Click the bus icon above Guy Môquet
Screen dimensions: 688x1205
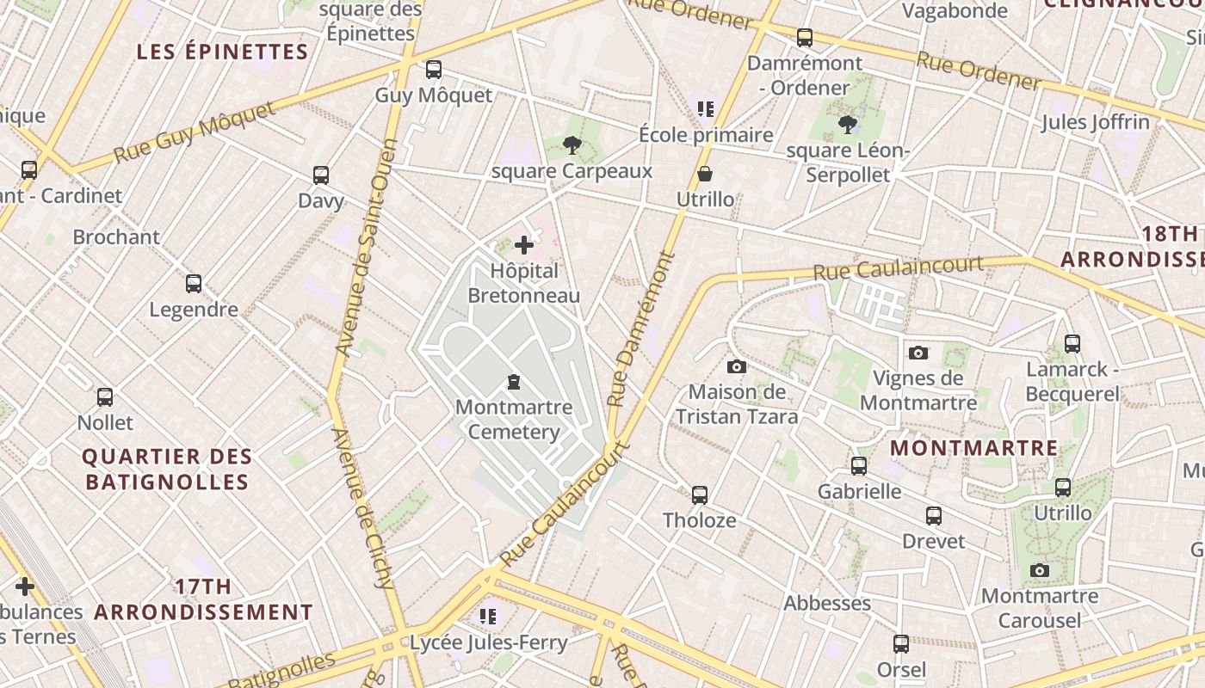434,70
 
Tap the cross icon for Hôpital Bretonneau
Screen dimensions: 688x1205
524,246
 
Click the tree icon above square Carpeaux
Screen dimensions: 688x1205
572,145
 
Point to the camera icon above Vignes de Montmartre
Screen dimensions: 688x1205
918,353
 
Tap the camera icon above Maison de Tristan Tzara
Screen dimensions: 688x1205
737,367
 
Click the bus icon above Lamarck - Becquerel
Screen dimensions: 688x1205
1072,344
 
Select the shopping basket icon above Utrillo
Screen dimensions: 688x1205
705,175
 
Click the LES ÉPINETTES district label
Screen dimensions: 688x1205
222,52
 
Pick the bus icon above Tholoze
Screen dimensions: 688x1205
700,495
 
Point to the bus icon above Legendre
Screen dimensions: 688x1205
194,284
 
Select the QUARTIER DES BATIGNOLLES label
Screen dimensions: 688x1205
168,469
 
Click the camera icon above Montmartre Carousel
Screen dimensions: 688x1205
1040,571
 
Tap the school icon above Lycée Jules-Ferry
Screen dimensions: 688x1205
488,617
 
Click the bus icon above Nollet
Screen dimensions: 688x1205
105,397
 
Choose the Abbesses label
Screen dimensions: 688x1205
826,604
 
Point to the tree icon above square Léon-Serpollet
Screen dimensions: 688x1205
848,126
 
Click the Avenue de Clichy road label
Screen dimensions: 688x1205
362,507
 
